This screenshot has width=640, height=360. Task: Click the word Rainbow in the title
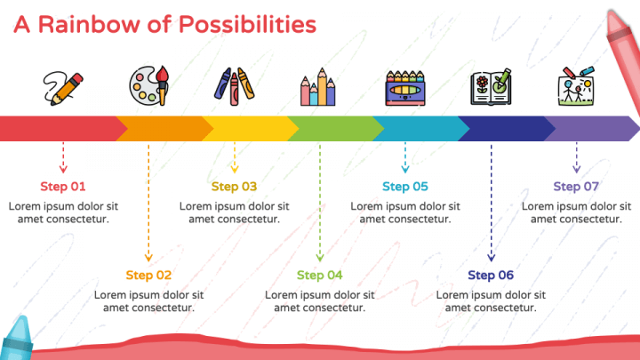coord(89,25)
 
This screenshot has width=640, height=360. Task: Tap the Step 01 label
coord(63,187)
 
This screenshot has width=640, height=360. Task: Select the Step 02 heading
coord(148,275)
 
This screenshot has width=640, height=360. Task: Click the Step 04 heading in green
coord(320,275)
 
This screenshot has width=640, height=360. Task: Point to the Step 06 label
coord(491,275)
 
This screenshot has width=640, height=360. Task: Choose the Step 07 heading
coord(576,187)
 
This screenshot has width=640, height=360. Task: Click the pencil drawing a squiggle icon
coord(63,89)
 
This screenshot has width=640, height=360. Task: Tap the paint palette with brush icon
coord(149,86)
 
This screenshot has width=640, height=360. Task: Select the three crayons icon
coord(235,87)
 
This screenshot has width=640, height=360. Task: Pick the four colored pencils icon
coord(318,87)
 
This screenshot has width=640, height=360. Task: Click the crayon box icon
coord(405,88)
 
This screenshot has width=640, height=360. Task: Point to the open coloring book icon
coord(491,87)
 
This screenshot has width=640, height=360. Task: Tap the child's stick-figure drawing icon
coord(576,86)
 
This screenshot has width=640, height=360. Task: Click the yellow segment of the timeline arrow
coord(250,129)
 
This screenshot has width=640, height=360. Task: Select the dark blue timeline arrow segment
coord(507,129)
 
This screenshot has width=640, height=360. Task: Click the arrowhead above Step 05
coord(405,169)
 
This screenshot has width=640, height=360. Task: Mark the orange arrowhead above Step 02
coord(148,258)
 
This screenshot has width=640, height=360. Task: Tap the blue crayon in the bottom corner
coord(16,339)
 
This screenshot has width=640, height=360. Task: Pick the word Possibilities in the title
coord(247,25)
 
